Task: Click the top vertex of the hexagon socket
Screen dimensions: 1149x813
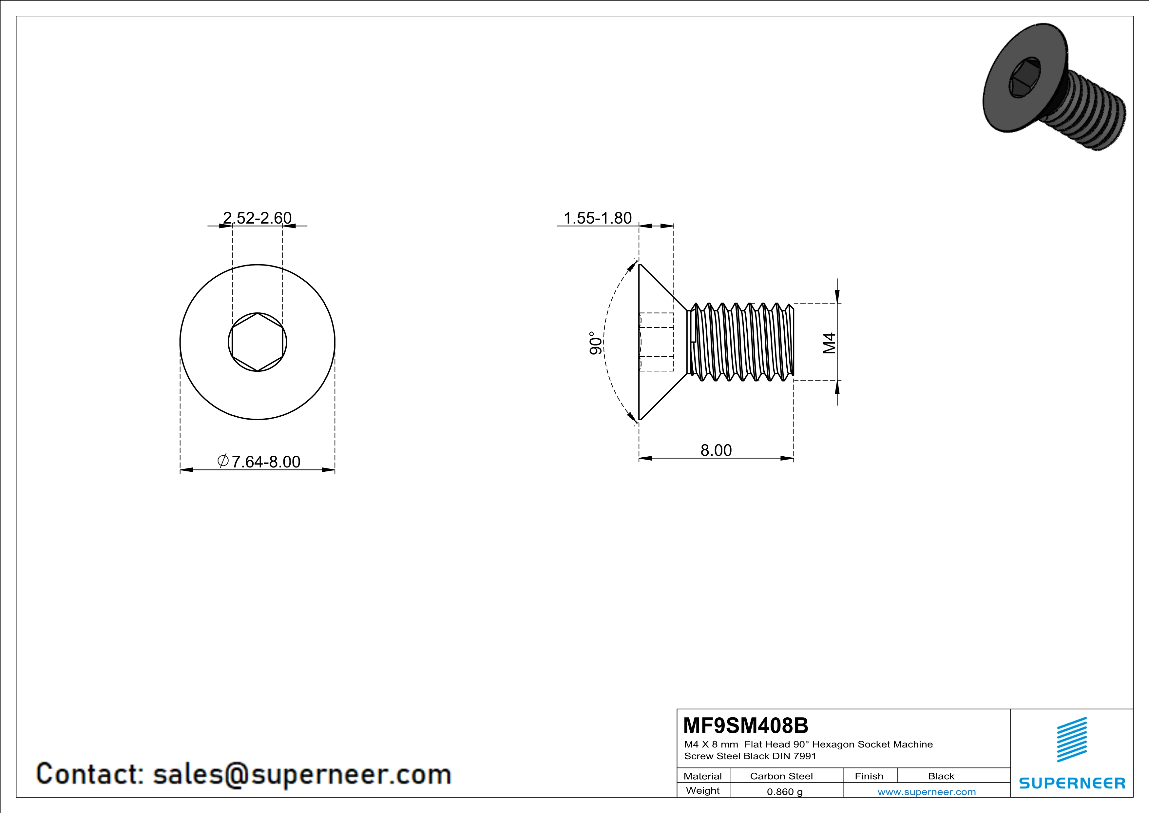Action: (x=257, y=313)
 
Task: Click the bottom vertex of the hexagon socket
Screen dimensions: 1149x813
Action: (x=257, y=371)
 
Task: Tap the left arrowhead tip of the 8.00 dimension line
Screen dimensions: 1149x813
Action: (x=639, y=458)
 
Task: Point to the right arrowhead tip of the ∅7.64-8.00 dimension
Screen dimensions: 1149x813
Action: (x=335, y=469)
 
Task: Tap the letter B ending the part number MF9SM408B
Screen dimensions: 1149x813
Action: (x=801, y=725)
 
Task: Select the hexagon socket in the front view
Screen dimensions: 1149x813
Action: (x=257, y=343)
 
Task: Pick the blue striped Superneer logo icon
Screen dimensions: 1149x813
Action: (x=1072, y=740)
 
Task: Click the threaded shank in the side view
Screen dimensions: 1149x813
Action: (x=740, y=342)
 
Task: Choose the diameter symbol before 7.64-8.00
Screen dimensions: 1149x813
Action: (x=223, y=461)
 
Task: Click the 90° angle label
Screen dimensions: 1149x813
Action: (x=596, y=343)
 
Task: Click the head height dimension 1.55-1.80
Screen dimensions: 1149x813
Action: (x=598, y=218)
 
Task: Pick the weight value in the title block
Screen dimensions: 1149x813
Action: (x=785, y=791)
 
